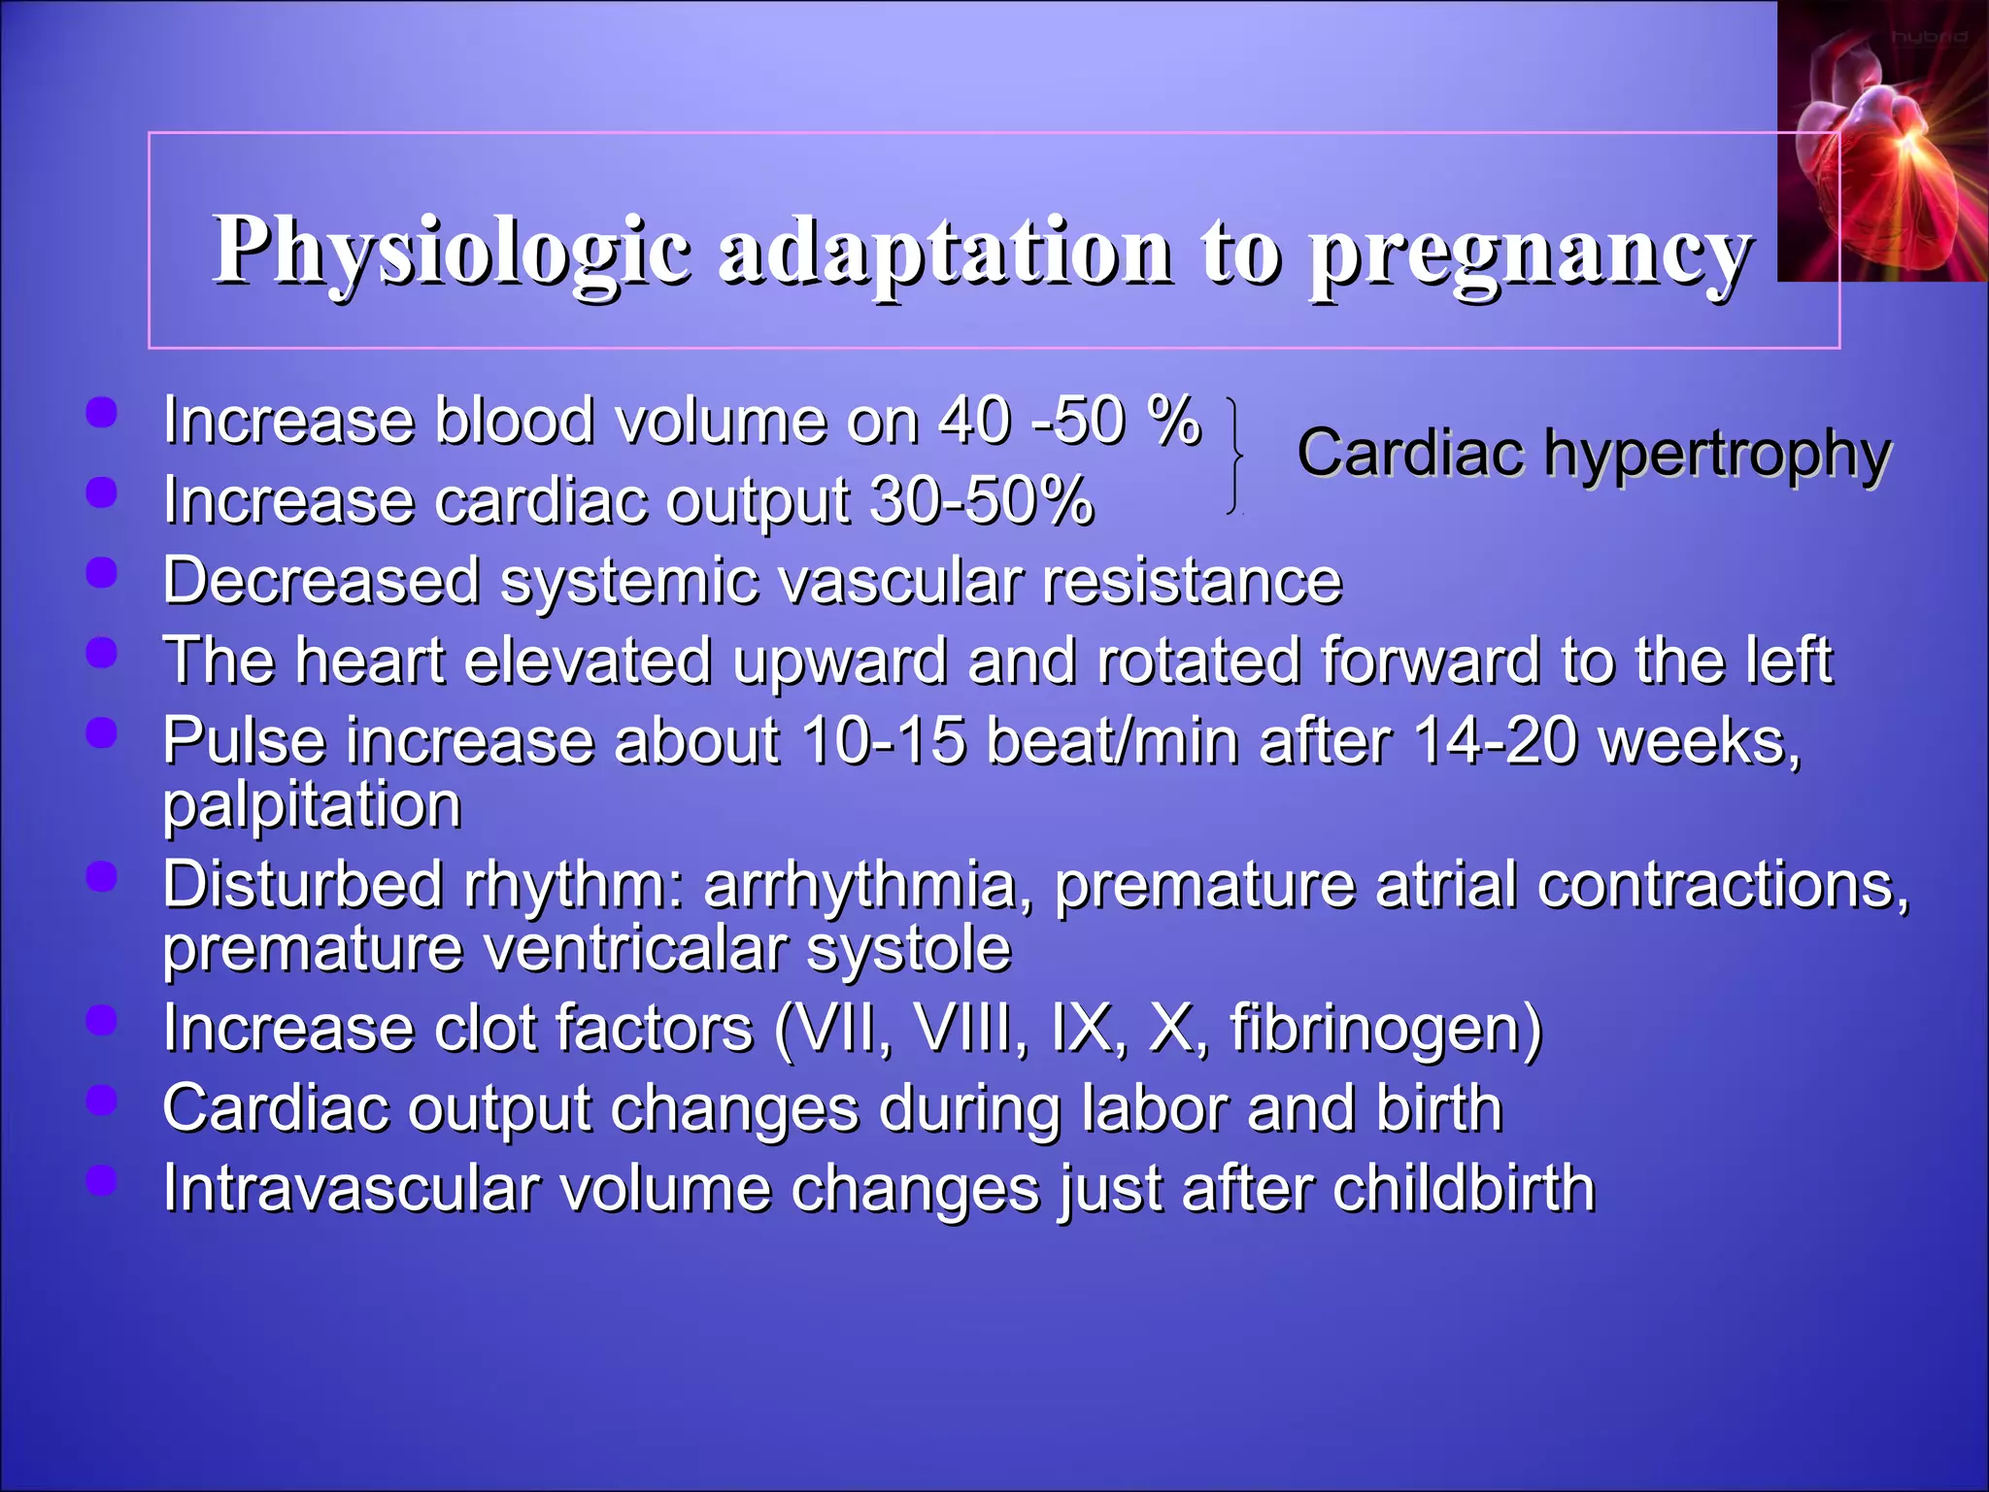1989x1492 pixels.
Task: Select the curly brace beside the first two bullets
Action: [1234, 456]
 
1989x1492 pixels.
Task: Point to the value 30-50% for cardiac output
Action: [982, 501]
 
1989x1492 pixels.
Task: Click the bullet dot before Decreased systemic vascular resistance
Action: [101, 573]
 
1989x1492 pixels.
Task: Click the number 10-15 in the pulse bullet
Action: [884, 741]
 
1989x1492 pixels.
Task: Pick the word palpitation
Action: [312, 805]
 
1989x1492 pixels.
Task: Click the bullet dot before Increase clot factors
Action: [101, 1021]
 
